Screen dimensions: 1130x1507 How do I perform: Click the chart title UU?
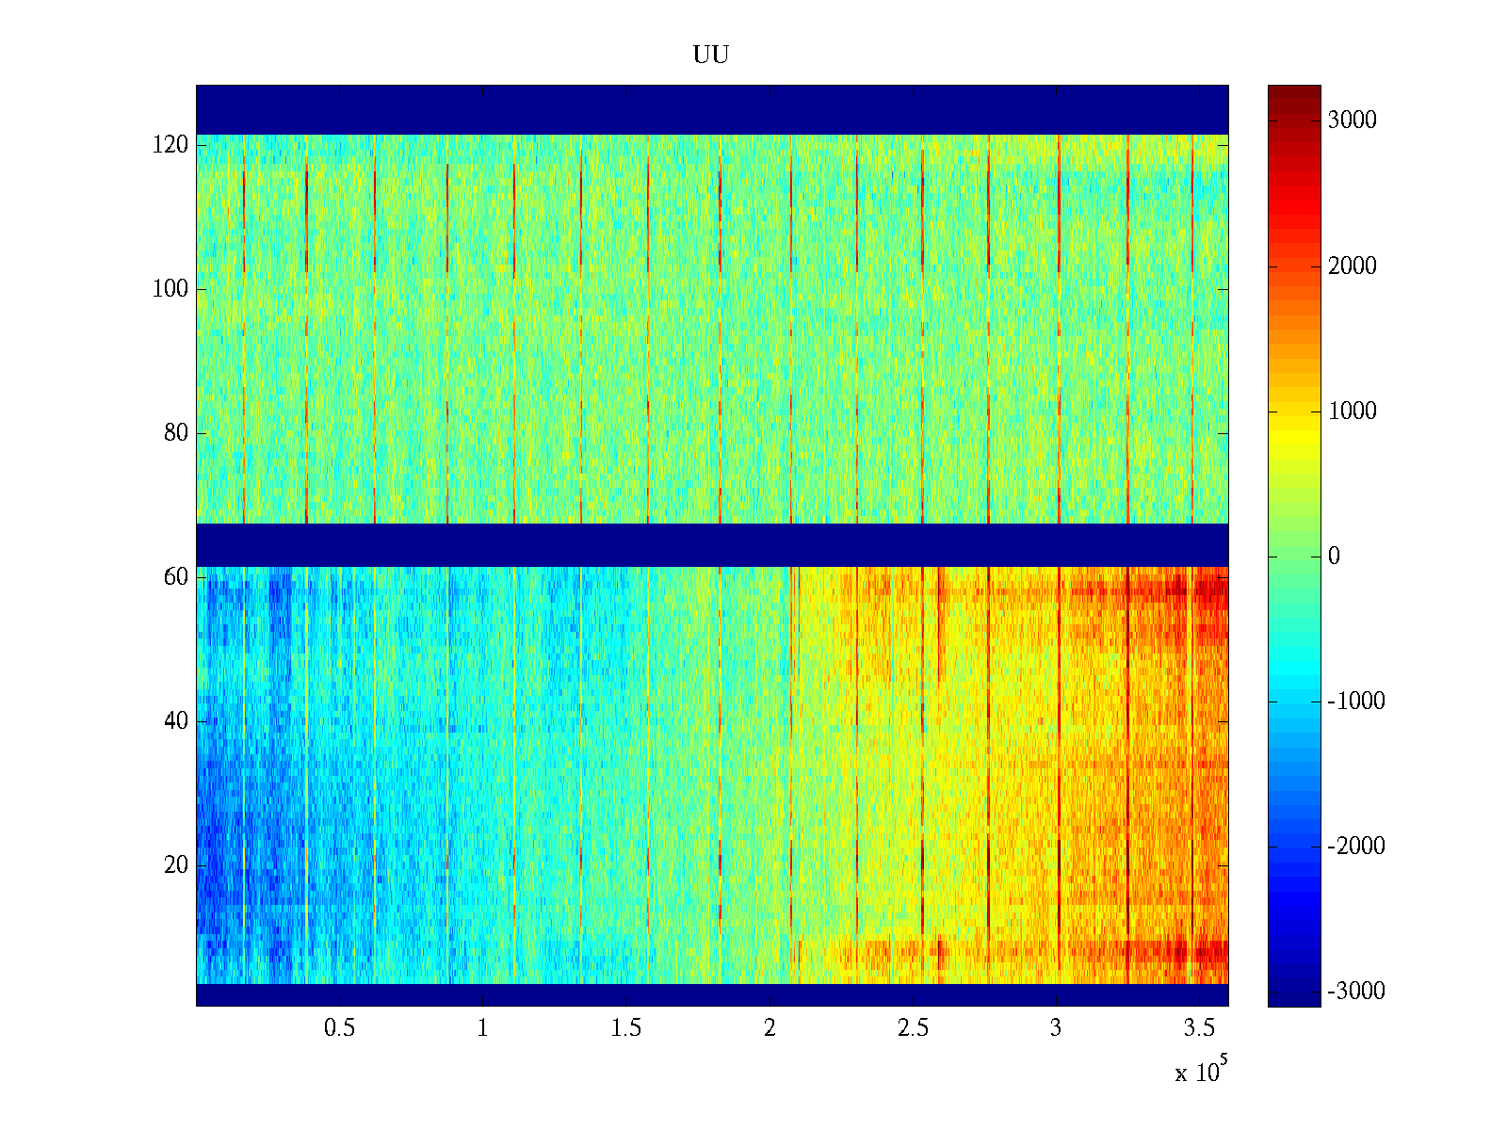[x=711, y=56]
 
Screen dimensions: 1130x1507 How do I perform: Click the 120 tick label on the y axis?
[x=170, y=145]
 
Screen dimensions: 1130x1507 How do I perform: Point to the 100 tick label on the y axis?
[x=170, y=289]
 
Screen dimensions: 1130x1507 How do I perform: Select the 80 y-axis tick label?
[x=176, y=433]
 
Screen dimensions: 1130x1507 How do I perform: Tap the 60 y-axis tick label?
[x=176, y=577]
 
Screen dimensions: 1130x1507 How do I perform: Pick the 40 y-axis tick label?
[x=176, y=721]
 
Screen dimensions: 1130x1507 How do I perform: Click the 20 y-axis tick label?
[x=176, y=865]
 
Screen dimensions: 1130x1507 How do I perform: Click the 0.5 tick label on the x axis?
[x=339, y=1028]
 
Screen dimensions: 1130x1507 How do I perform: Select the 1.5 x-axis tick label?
[x=625, y=1028]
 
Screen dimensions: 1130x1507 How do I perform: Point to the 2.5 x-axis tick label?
[x=913, y=1028]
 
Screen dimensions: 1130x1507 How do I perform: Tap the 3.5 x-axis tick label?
[x=1199, y=1028]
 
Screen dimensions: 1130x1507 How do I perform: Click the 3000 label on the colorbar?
[x=1352, y=121]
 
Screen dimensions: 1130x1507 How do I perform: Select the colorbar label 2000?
[x=1352, y=266]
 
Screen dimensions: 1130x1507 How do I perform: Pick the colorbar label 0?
[x=1334, y=557]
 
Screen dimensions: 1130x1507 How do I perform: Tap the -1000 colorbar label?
[x=1355, y=702]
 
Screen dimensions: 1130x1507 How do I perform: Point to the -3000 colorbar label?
[x=1355, y=992]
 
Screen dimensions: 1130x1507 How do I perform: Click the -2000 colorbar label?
[x=1355, y=847]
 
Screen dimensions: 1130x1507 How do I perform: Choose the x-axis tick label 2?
[x=770, y=1028]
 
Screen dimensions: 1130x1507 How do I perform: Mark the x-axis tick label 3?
[x=1056, y=1028]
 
